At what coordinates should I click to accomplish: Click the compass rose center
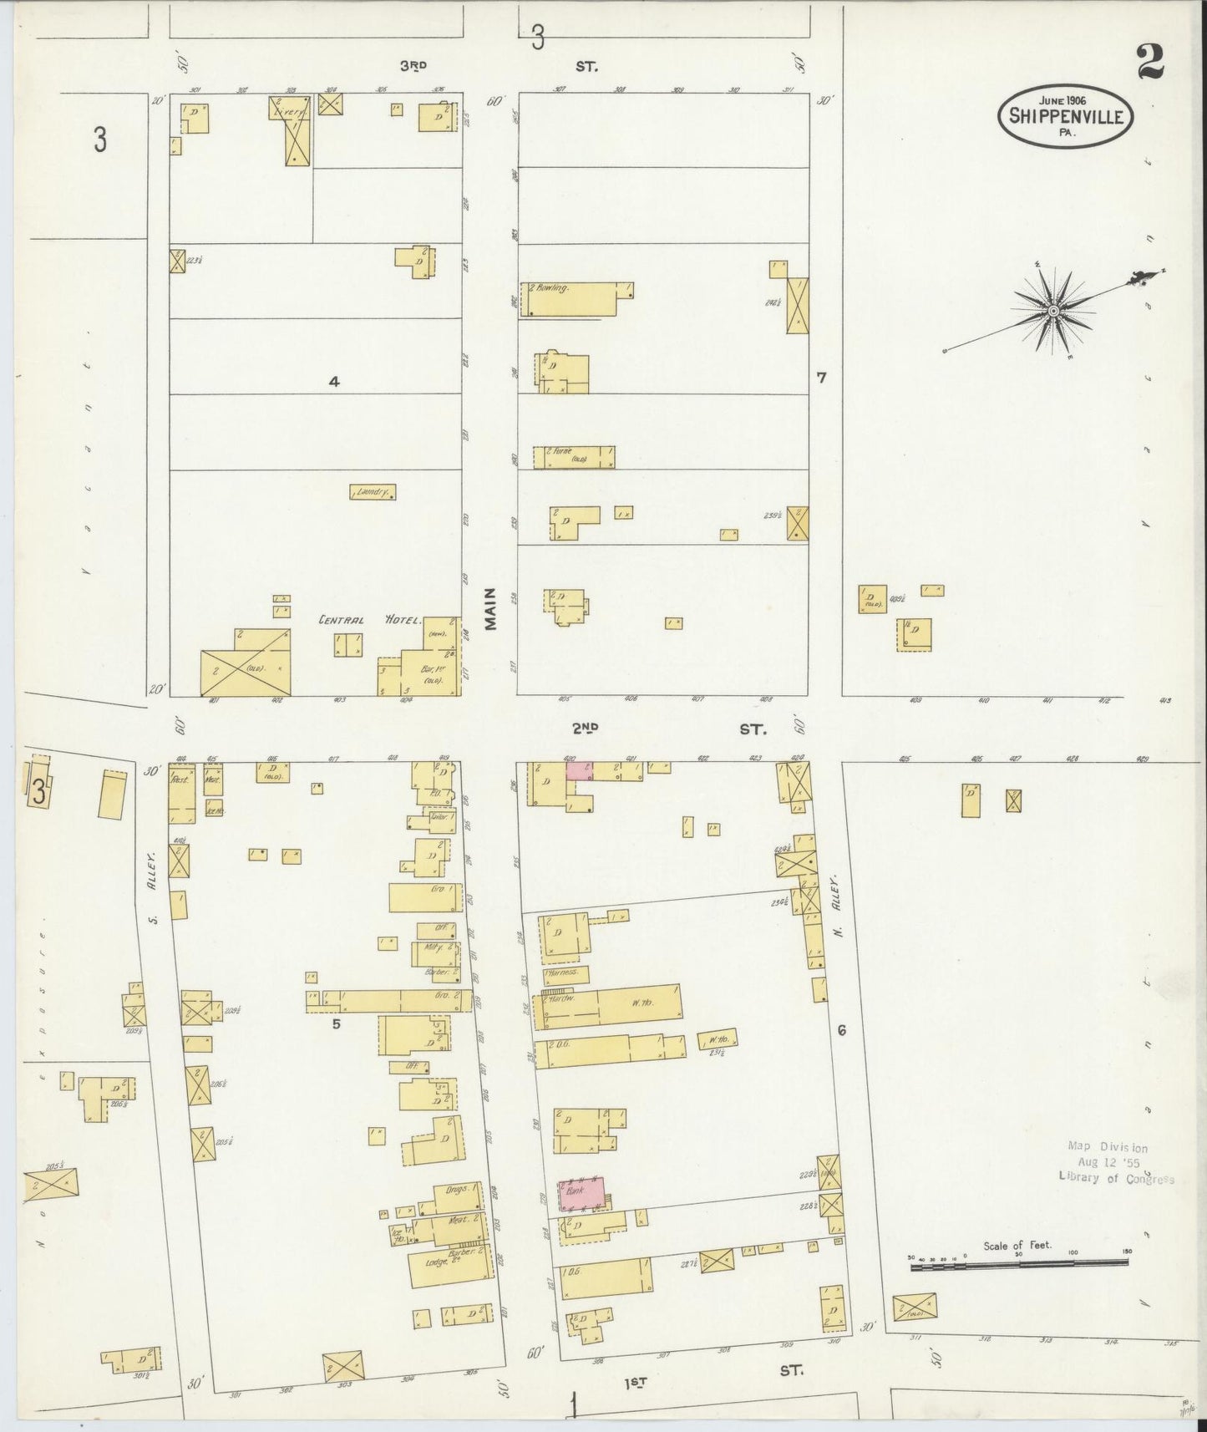tap(1054, 311)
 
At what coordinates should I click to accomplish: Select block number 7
tap(821, 378)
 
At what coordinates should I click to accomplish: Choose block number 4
tap(333, 382)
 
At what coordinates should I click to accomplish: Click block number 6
tap(841, 1031)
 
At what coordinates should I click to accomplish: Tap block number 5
tap(336, 1022)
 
